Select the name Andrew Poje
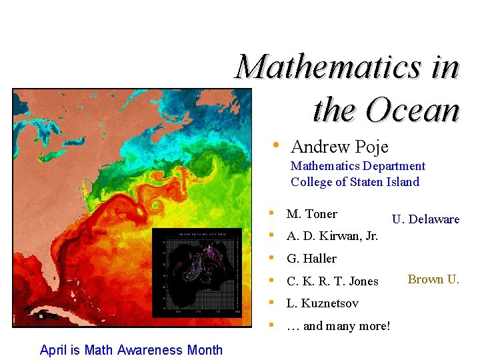[x=339, y=146]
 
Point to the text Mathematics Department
[x=357, y=166]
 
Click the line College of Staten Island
[x=355, y=182]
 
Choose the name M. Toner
[x=311, y=214]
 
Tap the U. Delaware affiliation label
[x=425, y=219]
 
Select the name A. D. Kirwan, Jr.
[x=332, y=236]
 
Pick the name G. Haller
[x=311, y=259]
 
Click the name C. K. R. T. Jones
[x=332, y=281]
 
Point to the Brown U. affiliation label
[x=433, y=279]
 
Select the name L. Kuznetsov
[x=322, y=303]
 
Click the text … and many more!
[x=338, y=326]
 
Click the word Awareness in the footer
[x=149, y=350]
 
